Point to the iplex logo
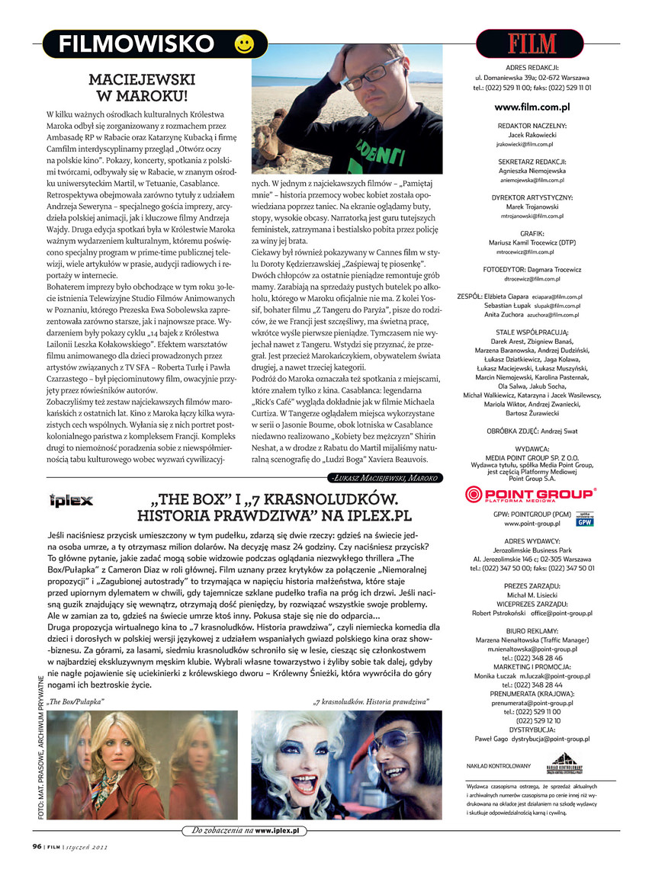click(70, 501)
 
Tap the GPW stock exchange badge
click(585, 520)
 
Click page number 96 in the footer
click(37, 845)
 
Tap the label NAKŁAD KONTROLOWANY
click(498, 765)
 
